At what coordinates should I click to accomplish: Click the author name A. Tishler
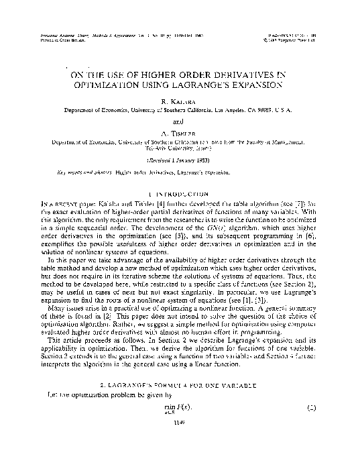(x=178, y=133)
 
